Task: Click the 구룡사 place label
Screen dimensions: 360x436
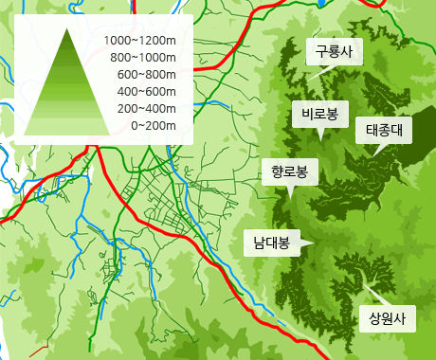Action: coord(334,53)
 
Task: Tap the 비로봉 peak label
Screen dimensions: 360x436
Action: coord(319,114)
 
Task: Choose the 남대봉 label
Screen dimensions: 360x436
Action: coord(271,243)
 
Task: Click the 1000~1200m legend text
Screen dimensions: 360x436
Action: coord(140,41)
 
